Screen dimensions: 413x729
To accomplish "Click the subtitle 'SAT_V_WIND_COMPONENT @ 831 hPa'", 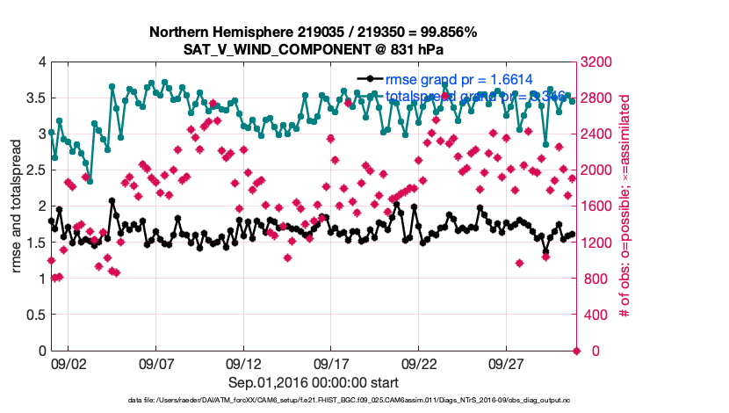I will point(313,49).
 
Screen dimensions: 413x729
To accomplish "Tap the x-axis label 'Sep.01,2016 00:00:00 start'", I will point(313,382).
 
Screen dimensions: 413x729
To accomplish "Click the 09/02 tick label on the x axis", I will point(68,363).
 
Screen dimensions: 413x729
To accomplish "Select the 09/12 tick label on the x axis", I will point(243,363).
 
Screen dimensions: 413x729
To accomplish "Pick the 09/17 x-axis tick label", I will point(331,363).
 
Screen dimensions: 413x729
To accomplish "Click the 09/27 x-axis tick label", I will point(507,363).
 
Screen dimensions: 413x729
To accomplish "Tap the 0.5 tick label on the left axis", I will point(34,315).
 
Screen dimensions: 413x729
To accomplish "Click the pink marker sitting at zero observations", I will point(576,351).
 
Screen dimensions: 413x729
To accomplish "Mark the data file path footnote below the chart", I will point(313,402).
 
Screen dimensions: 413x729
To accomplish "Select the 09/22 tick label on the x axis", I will point(419,363).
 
